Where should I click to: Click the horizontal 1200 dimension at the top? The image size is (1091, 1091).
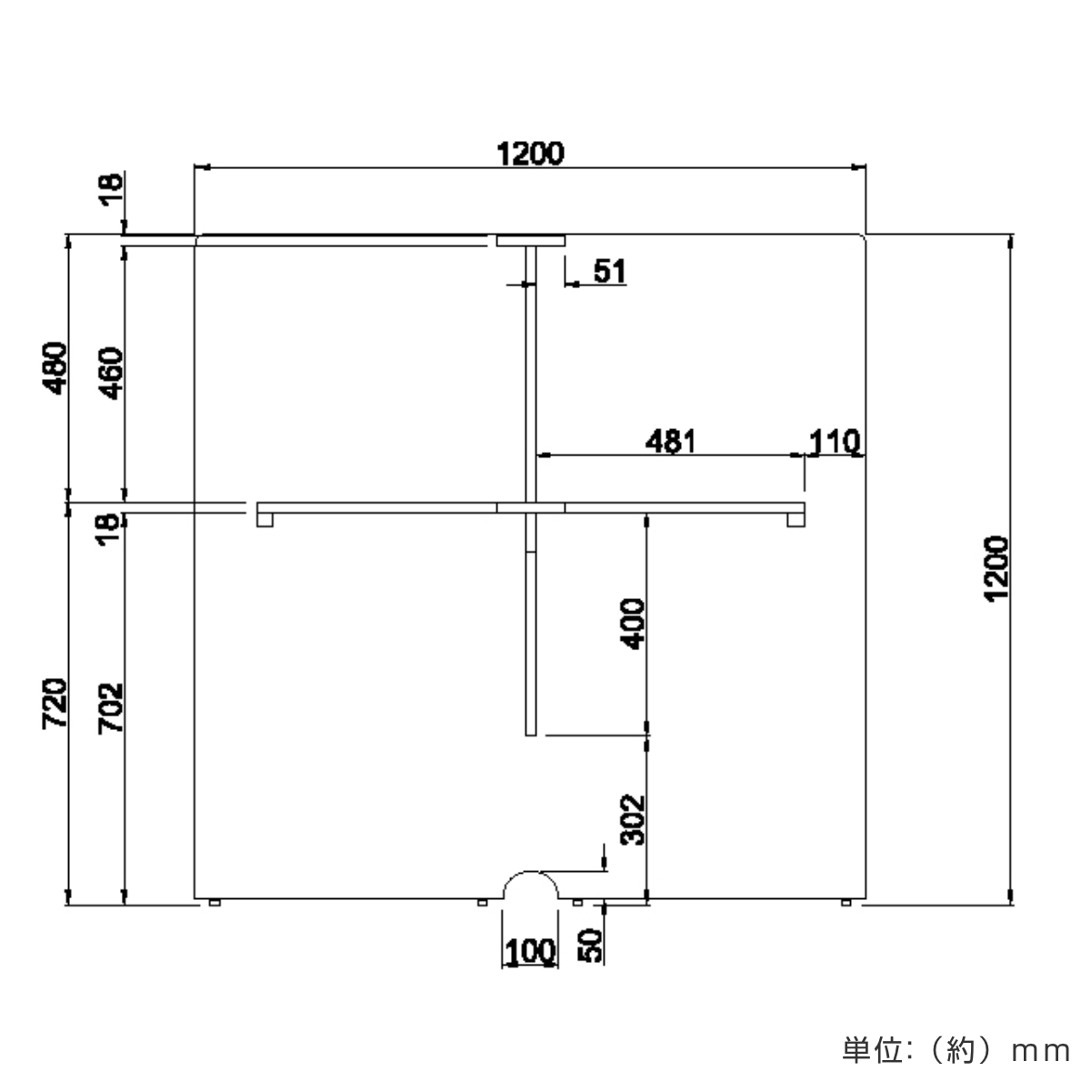[530, 154]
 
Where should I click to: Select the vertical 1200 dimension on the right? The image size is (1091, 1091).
[997, 568]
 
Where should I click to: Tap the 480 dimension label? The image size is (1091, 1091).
[55, 368]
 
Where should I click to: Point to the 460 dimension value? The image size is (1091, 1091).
[111, 374]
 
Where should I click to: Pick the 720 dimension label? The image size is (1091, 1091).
[55, 704]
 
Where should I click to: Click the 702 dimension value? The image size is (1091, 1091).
[111, 708]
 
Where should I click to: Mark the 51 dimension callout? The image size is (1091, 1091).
[610, 271]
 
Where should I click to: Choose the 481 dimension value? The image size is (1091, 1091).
[671, 442]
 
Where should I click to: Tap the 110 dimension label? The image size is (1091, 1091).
[835, 442]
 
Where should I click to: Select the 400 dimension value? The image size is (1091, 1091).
[633, 624]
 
